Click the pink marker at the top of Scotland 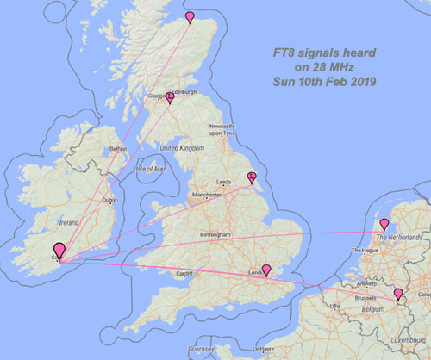click(x=191, y=13)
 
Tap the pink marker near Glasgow click(x=170, y=97)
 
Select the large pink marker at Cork click(x=59, y=250)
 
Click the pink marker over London click(x=266, y=270)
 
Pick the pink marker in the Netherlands click(x=384, y=225)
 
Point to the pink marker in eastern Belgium click(x=398, y=295)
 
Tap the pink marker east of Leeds click(x=252, y=177)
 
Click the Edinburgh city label click(x=184, y=92)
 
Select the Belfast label click(x=119, y=149)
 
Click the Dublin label click(x=110, y=200)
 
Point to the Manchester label click(x=208, y=196)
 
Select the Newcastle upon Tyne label click(x=222, y=130)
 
